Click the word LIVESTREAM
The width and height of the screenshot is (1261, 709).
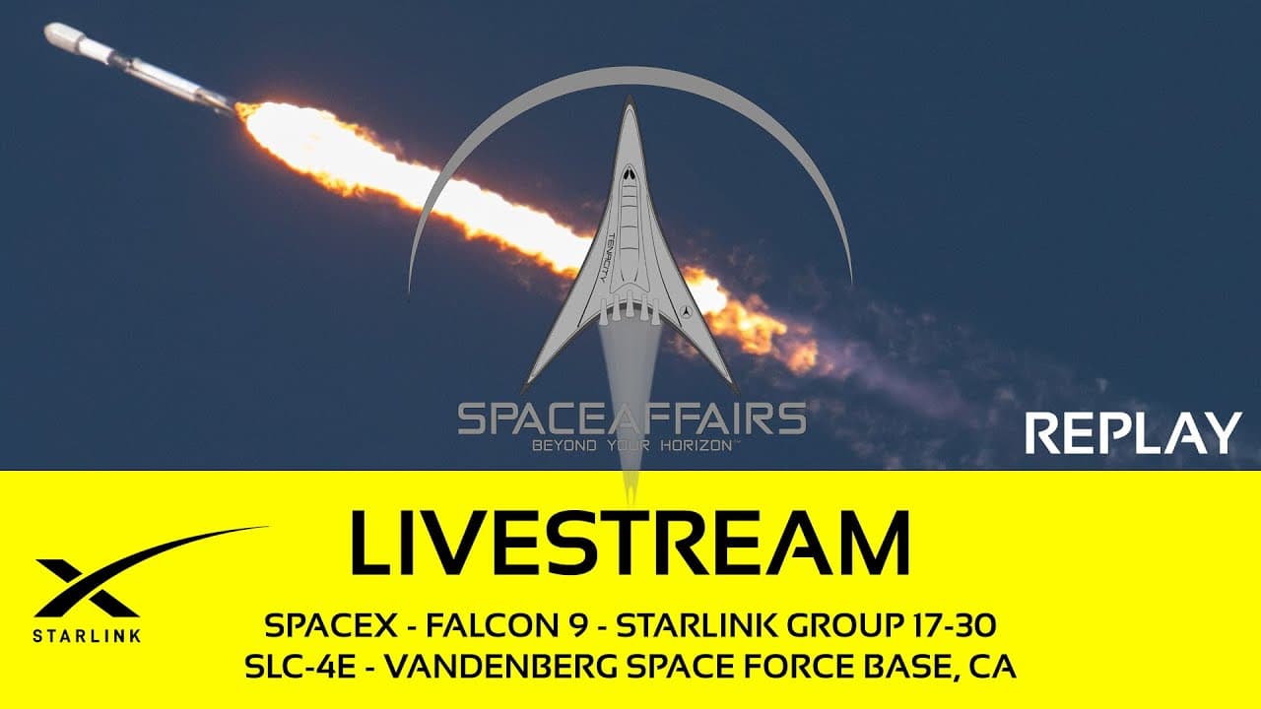pos(630,544)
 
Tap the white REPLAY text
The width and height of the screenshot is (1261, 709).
pos(1133,433)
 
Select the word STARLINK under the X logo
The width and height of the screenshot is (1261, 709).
pos(87,635)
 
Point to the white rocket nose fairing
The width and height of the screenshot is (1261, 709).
pos(64,36)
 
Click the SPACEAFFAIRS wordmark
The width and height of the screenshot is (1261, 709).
pos(631,419)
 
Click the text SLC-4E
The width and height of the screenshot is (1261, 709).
pos(292,667)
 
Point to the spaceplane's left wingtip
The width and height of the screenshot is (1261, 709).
pos(527,384)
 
